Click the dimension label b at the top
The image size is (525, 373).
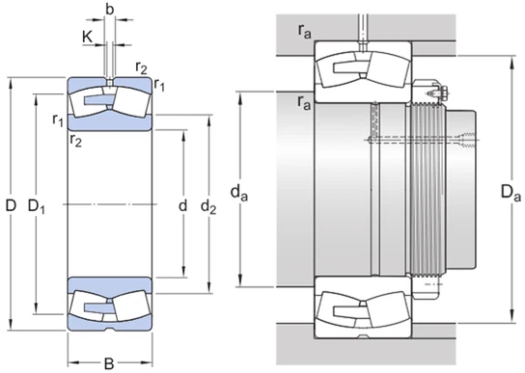[x=110, y=11]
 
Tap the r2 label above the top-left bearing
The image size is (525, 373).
[x=142, y=67]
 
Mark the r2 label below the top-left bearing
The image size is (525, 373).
[x=75, y=140]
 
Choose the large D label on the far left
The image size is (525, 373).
[x=11, y=205]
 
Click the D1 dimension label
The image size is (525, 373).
[x=40, y=205]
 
